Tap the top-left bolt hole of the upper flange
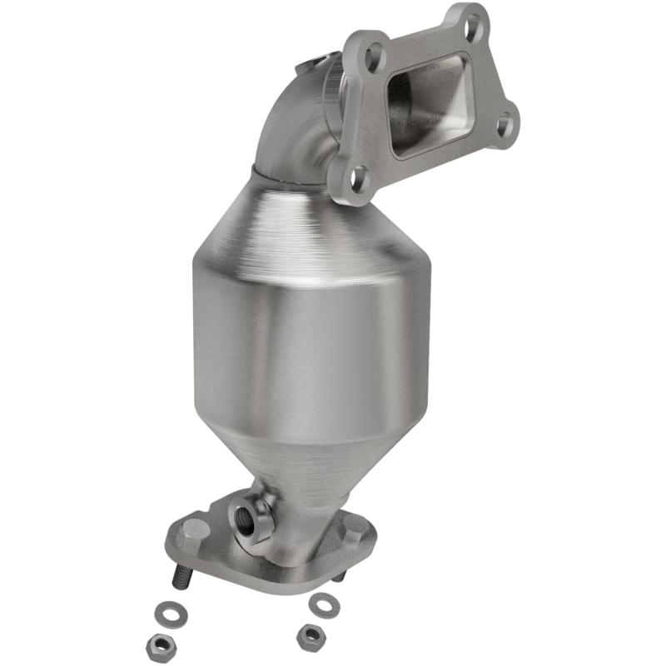point(374,57)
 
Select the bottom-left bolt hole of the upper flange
point(357,176)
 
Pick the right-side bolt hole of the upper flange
point(503,126)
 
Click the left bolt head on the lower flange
point(195,528)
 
